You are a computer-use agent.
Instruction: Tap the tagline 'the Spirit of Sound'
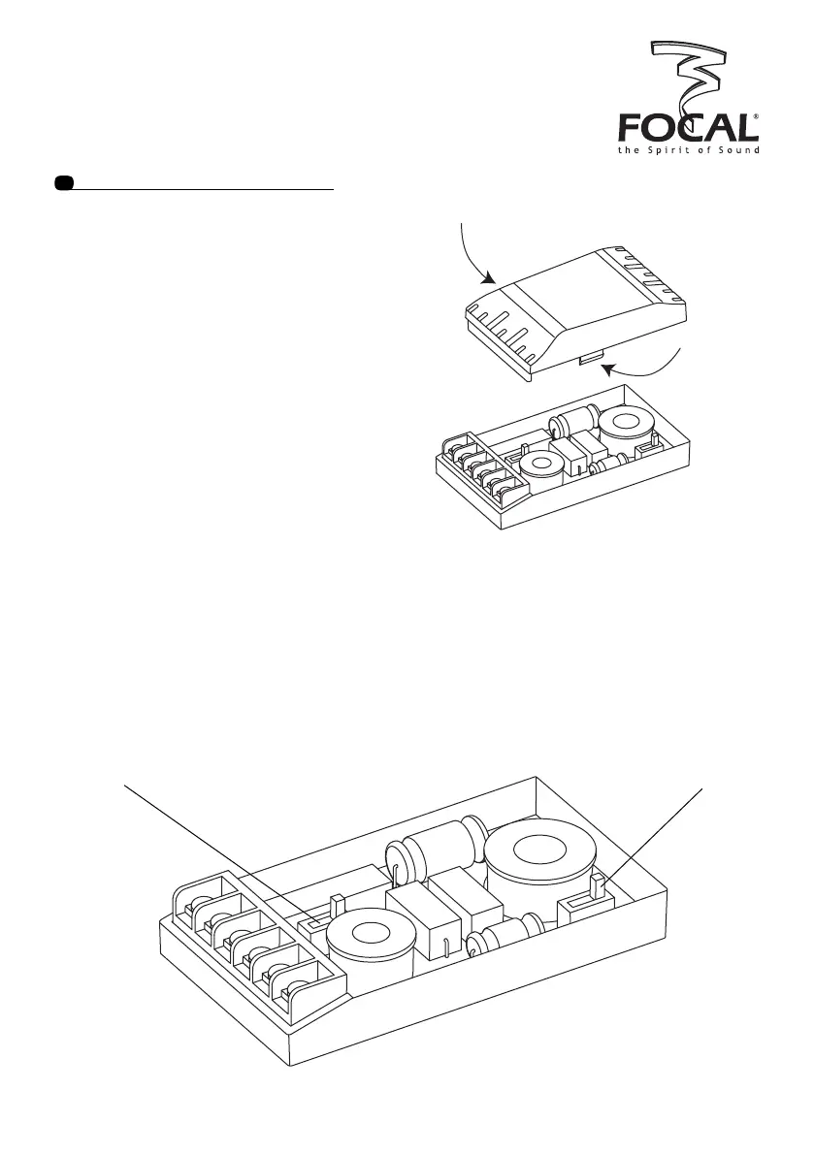[689, 150]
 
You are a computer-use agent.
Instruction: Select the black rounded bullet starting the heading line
[64, 183]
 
